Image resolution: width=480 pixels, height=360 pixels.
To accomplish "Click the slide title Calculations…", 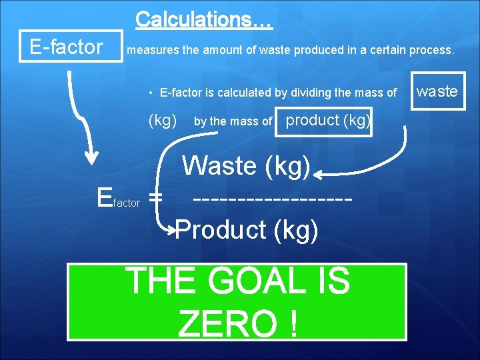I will click(203, 20).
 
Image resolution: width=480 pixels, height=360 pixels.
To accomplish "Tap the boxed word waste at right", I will click(437, 91).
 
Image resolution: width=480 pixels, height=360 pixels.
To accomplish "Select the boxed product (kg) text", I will click(324, 121).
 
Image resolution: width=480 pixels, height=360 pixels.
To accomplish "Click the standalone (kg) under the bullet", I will click(162, 121).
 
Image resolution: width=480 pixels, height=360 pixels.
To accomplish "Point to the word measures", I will click(148, 50).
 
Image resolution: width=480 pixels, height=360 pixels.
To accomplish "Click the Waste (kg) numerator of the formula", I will click(246, 165).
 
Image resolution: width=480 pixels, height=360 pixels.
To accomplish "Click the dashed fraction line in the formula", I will click(271, 199).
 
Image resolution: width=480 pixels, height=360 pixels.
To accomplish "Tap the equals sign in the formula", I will click(155, 198).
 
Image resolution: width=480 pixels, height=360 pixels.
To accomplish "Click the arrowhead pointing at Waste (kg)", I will click(319, 175).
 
